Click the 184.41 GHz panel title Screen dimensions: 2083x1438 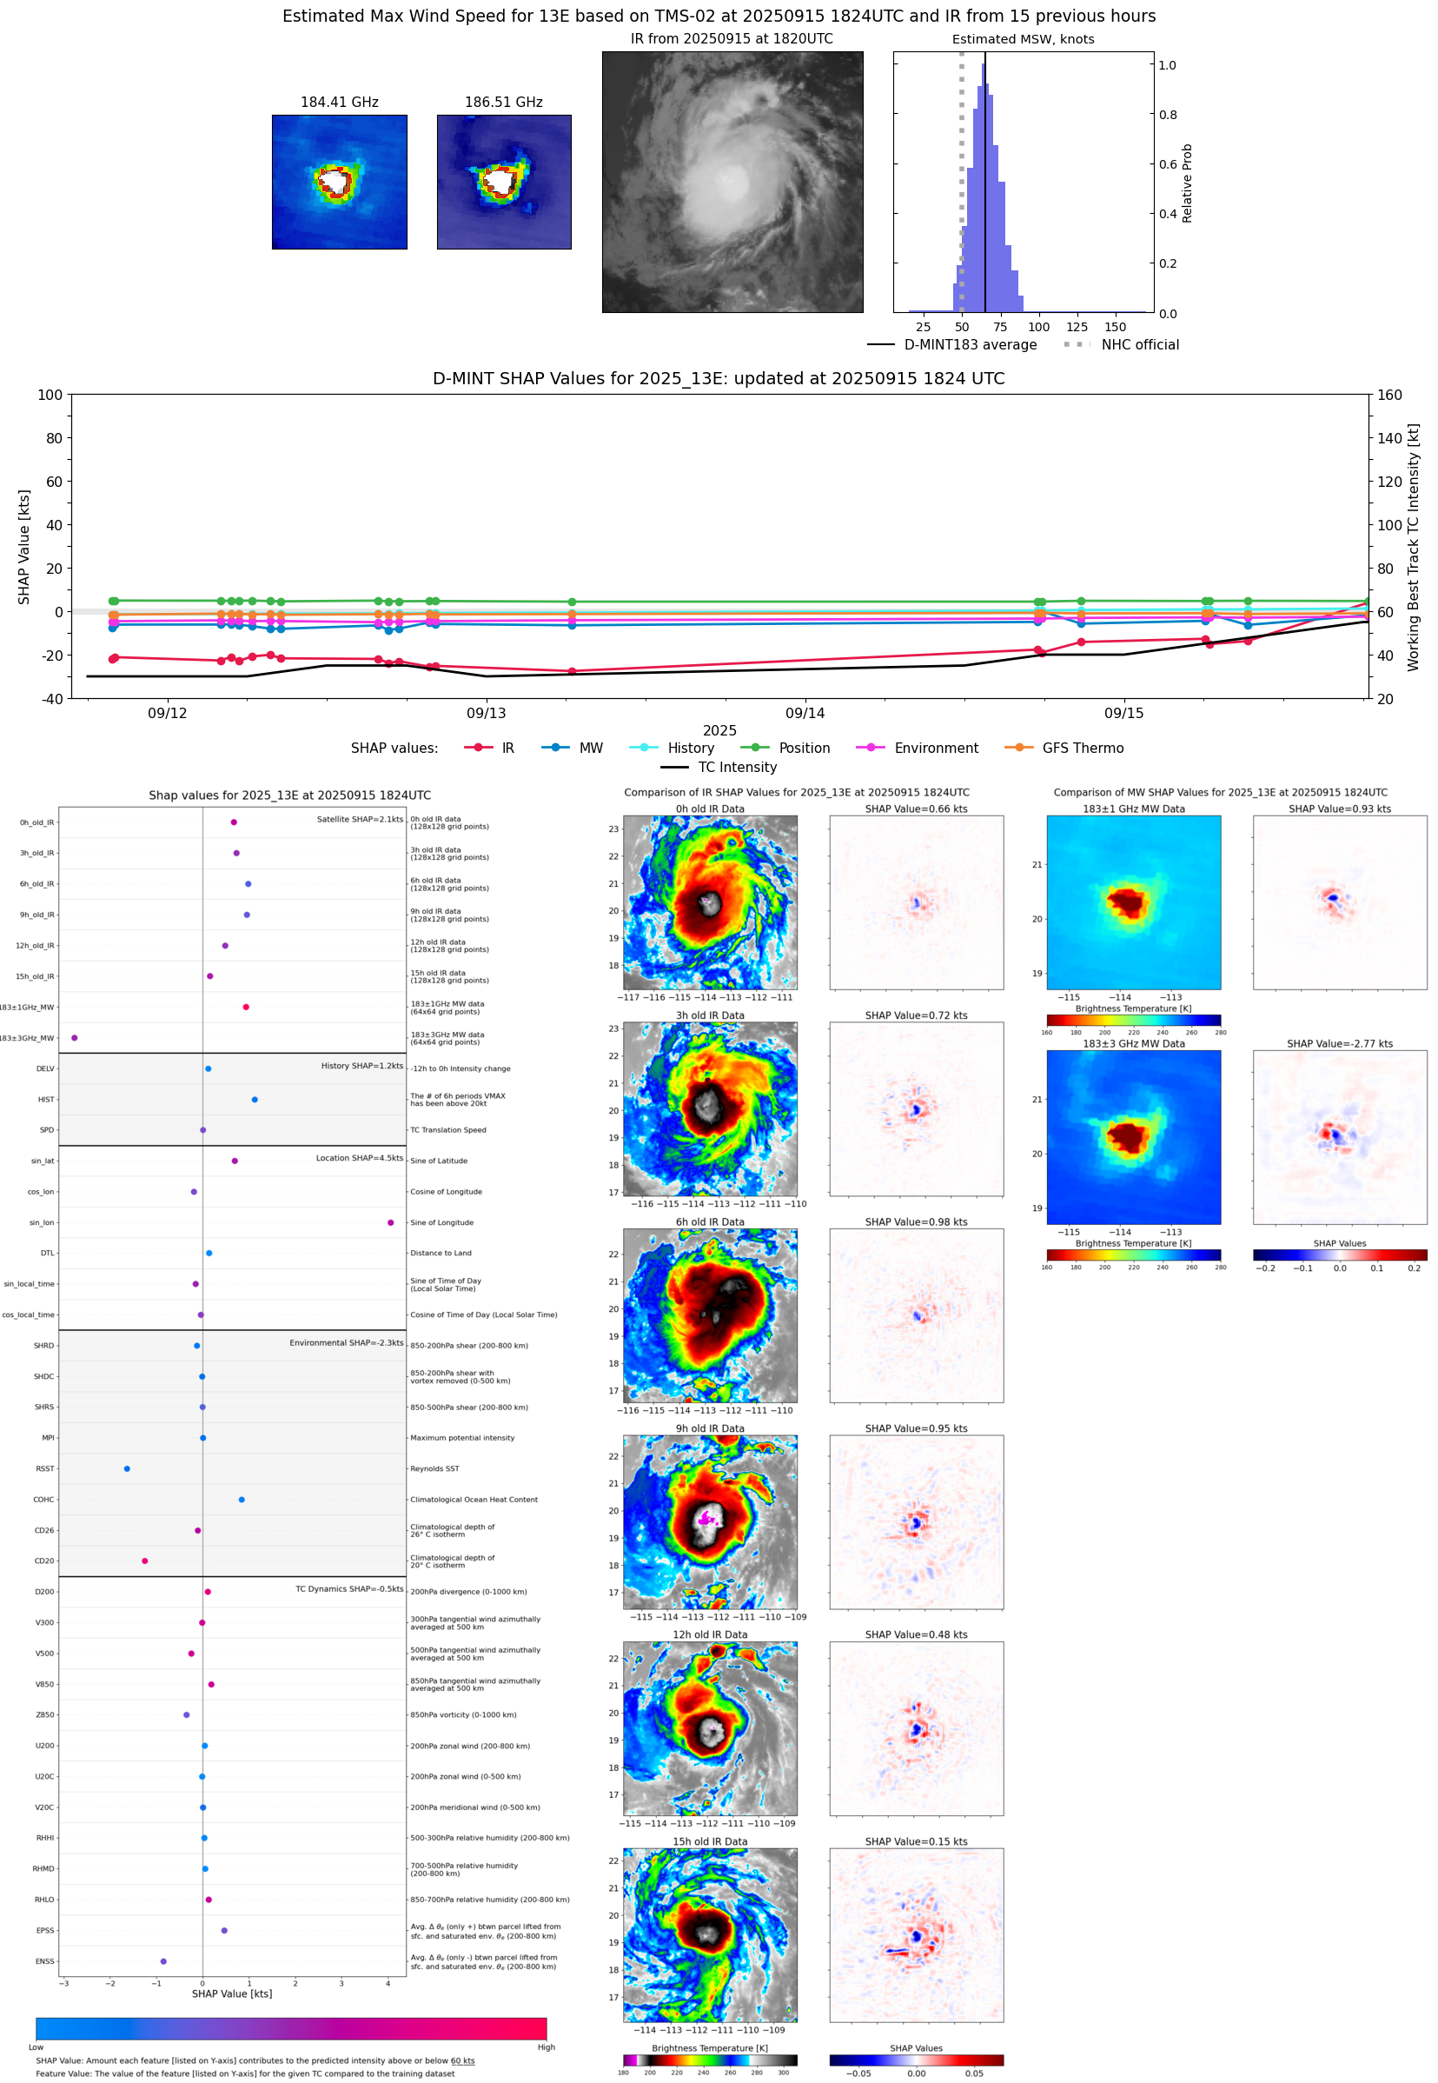[x=339, y=102]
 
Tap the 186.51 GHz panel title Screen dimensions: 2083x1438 [x=503, y=102]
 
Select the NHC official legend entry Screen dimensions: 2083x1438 [x=1140, y=344]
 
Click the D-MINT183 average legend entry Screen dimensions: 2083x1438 [x=970, y=344]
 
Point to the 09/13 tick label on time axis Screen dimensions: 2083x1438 [x=486, y=713]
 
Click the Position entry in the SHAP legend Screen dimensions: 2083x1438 [x=804, y=749]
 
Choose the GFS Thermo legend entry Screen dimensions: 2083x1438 [x=1082, y=749]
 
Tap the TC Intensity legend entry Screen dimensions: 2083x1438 [x=736, y=767]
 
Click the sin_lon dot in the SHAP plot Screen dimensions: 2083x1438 [x=390, y=1222]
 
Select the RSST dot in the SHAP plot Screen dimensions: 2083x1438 [x=127, y=1468]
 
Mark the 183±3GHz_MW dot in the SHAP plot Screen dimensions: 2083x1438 [x=75, y=1037]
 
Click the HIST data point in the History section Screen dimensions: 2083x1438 [x=255, y=1100]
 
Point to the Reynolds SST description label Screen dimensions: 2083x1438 [x=434, y=1468]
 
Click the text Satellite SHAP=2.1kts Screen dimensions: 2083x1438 [x=360, y=819]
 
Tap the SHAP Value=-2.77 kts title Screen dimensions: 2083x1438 [x=1339, y=1044]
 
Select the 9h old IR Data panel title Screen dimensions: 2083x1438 [x=710, y=1428]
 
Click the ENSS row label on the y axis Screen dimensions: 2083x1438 [x=44, y=1961]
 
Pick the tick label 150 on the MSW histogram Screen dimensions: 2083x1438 [x=1115, y=327]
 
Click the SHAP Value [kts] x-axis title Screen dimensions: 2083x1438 [x=232, y=1993]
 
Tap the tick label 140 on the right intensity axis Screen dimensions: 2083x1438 [x=1389, y=438]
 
